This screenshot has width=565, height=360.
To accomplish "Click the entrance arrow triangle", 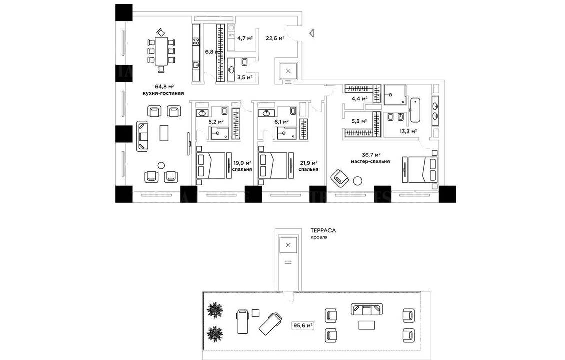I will [311, 34].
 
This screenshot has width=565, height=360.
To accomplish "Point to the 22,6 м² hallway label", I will [275, 38].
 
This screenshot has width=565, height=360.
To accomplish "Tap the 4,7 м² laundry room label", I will [245, 38].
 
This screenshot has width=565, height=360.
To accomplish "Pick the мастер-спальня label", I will [370, 161].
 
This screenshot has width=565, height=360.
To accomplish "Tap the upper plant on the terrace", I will [216, 310].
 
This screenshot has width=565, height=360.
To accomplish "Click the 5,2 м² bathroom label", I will [216, 121].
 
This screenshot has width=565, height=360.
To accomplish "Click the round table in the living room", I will [161, 165].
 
